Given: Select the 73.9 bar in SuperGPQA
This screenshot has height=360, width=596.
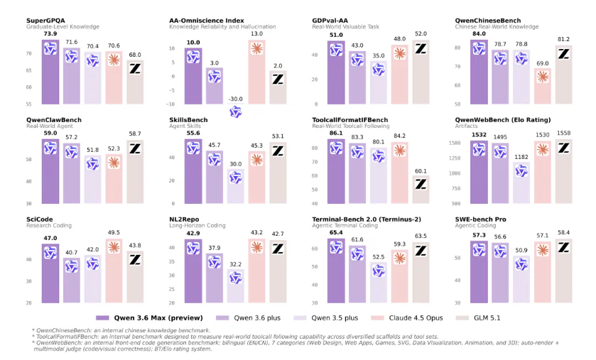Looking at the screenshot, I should coord(50,71).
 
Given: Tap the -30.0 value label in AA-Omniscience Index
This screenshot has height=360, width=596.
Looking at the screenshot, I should coord(235,99).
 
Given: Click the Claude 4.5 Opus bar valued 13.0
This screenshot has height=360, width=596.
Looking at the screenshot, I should coord(256,71).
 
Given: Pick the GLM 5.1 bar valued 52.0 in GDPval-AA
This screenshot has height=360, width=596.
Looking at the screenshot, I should coord(421,71).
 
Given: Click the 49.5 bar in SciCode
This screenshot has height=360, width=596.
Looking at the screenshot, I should coord(114,270).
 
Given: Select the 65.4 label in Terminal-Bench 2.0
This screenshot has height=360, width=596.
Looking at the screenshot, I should coord(336,231).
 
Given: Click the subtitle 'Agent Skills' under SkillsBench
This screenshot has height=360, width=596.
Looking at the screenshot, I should coord(186,126).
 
